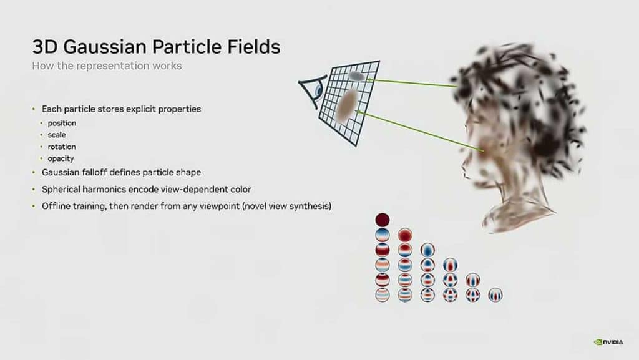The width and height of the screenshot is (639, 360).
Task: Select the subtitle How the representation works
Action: point(107,66)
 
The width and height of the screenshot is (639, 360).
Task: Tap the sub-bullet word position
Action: point(62,123)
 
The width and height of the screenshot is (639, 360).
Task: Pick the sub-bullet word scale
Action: point(56,135)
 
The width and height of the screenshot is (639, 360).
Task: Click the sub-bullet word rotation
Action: point(62,147)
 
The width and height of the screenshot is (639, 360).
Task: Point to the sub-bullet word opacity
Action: point(61,158)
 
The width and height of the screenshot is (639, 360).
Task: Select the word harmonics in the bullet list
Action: point(108,188)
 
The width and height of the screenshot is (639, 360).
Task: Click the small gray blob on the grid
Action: point(356,76)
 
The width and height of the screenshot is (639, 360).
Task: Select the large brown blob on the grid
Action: point(346,104)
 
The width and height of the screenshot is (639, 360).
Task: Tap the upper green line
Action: point(412,82)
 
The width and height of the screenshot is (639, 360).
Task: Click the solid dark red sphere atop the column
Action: point(383,220)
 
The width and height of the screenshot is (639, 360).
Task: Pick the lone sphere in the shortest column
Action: point(495,294)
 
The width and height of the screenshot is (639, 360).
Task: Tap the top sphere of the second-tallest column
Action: point(405,235)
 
